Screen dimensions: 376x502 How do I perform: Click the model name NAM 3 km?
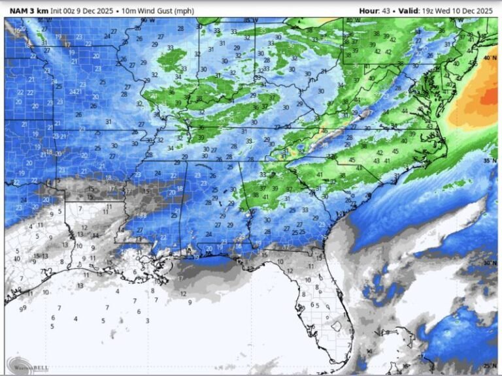[x=27, y=10]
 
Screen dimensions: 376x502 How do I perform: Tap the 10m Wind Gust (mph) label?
[x=168, y=10]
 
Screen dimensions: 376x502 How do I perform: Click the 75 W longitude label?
[x=447, y=20]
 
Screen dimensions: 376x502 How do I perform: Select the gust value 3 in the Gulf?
[x=148, y=321]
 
